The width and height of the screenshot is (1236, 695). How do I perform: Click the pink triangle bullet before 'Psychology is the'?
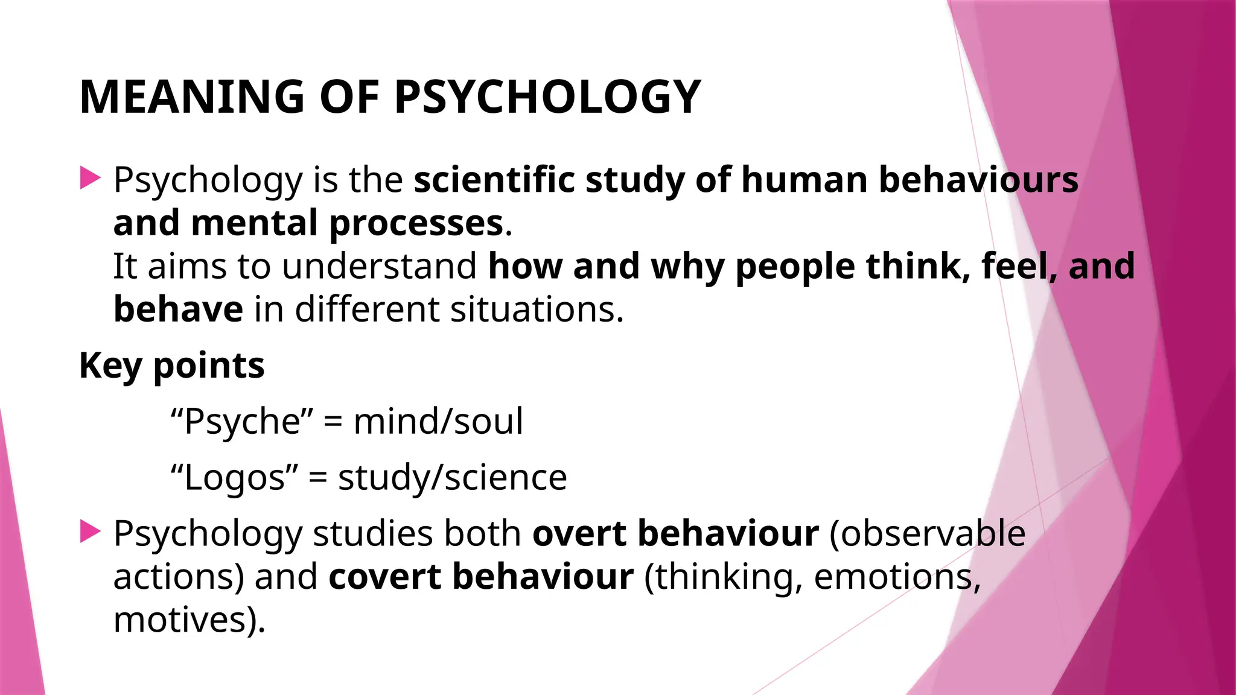pos(90,179)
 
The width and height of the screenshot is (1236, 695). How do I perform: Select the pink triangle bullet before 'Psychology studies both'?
pos(90,532)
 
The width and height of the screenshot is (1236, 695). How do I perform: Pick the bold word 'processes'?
pos(416,224)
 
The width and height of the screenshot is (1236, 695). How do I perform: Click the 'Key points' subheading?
pos(172,366)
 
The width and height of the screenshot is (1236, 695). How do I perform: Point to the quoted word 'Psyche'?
pos(242,422)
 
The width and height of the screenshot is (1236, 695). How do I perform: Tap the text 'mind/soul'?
pos(438,422)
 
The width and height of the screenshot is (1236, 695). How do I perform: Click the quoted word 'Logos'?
pos(234,478)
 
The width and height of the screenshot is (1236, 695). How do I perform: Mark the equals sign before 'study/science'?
pos(317,478)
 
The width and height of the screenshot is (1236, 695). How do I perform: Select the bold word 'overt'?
pos(579,533)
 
